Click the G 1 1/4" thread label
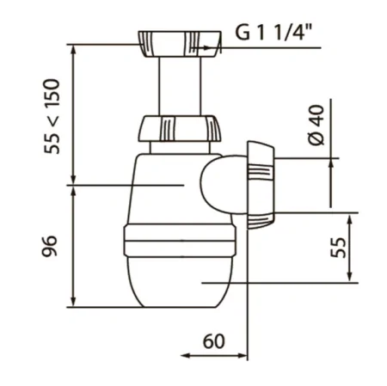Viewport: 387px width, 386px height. tap(273, 32)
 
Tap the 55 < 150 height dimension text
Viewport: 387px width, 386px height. tap(52, 116)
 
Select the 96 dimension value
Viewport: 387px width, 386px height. tap(50, 246)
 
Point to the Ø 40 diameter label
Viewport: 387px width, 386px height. tap(316, 125)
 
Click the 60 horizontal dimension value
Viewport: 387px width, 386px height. tap(213, 341)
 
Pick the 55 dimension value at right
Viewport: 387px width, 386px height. tap(338, 248)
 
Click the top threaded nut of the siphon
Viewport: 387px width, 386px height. tap(180, 44)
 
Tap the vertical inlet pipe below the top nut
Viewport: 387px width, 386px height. tap(180, 86)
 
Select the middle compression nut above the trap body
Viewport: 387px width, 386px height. tap(180, 128)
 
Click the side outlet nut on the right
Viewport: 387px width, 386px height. tap(261, 185)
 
